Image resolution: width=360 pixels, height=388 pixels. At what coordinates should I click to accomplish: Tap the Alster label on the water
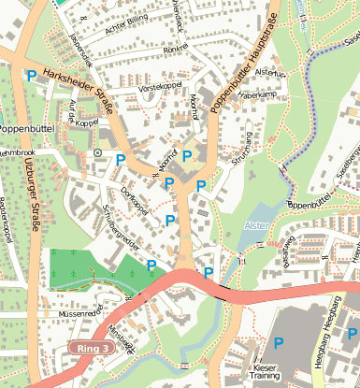tap(255, 225)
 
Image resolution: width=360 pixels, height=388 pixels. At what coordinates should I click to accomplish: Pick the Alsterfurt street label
tap(269, 72)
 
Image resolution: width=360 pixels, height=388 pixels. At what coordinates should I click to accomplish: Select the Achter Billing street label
tap(127, 21)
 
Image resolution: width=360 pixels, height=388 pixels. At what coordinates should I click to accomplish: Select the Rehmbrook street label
tap(17, 151)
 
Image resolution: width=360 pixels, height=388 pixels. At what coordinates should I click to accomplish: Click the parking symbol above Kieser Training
tap(278, 343)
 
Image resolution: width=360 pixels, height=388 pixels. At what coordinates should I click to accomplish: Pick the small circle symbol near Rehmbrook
tap(96, 151)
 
